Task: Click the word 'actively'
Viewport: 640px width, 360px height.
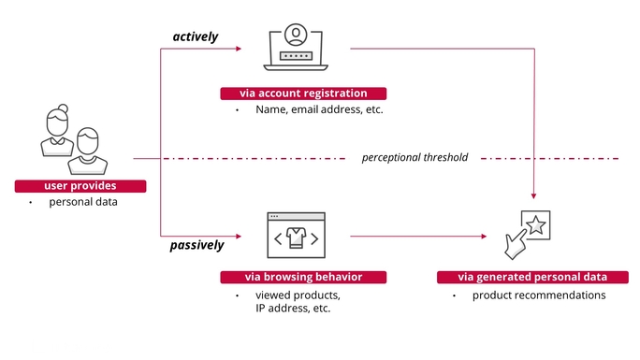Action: pyautogui.click(x=196, y=36)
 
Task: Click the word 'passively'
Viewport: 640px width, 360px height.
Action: pyautogui.click(x=196, y=245)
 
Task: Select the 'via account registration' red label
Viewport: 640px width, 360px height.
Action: pyautogui.click(x=303, y=94)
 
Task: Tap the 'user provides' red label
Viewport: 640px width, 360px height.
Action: pyautogui.click(x=80, y=186)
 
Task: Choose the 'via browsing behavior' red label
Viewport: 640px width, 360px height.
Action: pyautogui.click(x=303, y=277)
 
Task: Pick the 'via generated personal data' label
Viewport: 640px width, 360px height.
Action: pyautogui.click(x=532, y=277)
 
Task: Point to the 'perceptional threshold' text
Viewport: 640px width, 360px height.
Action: pyautogui.click(x=415, y=157)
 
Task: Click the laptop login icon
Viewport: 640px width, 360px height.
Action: pyautogui.click(x=296, y=47)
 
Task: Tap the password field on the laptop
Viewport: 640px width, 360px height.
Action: pyautogui.click(x=296, y=56)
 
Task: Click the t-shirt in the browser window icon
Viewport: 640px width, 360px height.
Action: pyautogui.click(x=297, y=238)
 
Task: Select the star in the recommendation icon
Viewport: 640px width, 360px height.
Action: pyautogui.click(x=535, y=225)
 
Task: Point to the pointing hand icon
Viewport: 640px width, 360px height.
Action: pyautogui.click(x=516, y=244)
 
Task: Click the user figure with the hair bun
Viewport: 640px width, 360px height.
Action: pyautogui.click(x=57, y=130)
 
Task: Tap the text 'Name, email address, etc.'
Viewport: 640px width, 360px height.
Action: pyautogui.click(x=319, y=109)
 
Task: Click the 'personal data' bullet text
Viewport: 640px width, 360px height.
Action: pyautogui.click(x=83, y=202)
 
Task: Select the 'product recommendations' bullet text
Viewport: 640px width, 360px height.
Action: pyautogui.click(x=539, y=295)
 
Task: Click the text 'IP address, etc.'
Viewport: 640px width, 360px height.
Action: pyautogui.click(x=293, y=309)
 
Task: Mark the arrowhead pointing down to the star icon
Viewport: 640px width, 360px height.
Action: pyautogui.click(x=534, y=196)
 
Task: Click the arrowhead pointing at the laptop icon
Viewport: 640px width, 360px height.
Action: pyautogui.click(x=239, y=49)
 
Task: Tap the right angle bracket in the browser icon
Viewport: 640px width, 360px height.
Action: pyautogui.click(x=314, y=238)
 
